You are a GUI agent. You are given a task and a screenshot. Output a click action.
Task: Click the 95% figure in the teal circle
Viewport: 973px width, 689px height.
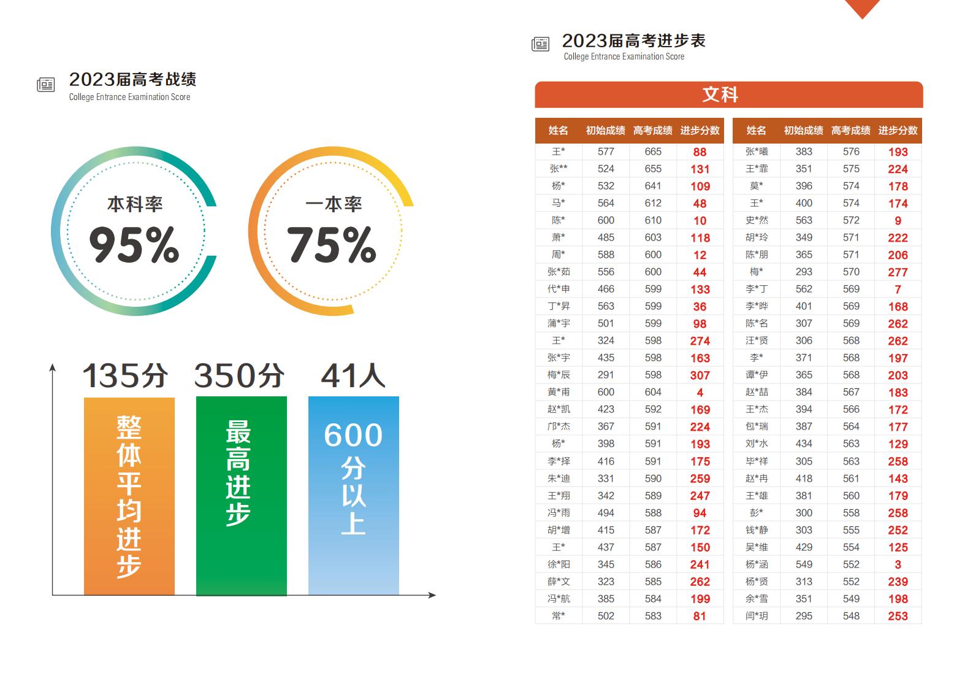134,245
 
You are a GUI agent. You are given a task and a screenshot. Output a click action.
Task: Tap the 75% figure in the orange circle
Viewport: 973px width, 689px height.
332,245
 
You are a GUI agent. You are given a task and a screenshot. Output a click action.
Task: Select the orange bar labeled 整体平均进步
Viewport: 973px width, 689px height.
129,496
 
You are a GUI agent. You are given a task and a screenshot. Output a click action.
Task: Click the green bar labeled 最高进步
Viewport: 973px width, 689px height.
242,496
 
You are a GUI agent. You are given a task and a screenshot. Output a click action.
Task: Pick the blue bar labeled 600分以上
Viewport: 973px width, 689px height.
354,496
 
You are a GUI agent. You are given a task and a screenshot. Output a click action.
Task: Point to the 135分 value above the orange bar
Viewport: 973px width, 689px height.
125,375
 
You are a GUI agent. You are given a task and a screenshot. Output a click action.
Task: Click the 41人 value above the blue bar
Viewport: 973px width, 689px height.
353,375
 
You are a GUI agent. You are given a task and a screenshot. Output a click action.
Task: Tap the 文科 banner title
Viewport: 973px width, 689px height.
720,94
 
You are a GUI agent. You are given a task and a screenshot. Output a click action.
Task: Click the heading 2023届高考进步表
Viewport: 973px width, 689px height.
634,41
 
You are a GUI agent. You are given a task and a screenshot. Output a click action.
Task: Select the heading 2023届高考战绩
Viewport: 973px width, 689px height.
132,80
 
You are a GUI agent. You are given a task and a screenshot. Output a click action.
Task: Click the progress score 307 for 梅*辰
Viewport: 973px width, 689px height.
700,375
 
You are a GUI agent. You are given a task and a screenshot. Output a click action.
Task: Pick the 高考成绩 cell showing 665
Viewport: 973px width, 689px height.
653,152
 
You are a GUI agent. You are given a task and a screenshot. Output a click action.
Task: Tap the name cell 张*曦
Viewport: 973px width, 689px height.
757,152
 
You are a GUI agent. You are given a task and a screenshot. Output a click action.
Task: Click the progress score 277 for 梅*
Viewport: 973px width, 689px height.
898,272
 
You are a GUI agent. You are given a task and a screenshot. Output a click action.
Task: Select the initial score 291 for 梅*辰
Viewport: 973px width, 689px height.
606,375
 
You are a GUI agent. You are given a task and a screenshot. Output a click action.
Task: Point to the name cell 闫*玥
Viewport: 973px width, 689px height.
757,616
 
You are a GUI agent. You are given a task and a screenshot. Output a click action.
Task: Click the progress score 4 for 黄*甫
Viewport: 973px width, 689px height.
700,393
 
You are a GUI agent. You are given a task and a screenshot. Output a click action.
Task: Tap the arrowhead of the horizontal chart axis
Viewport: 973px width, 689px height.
432,595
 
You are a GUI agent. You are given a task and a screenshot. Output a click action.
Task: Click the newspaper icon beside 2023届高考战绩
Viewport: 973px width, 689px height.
45,84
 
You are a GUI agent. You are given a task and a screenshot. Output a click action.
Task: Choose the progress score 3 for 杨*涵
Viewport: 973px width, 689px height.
898,564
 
